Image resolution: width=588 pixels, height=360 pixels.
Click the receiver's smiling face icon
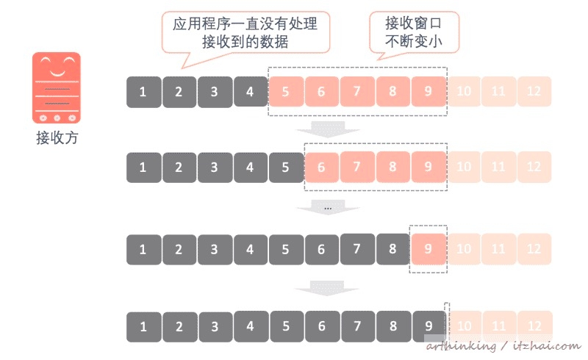[x=56, y=87]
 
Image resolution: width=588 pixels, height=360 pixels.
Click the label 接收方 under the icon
[x=56, y=137]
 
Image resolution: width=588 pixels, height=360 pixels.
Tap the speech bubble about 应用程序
[x=245, y=33]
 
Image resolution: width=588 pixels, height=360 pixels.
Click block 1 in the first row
[x=143, y=92]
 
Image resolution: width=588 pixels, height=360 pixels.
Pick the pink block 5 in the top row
[x=285, y=92]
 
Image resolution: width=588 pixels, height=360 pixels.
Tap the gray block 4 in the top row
[x=250, y=92]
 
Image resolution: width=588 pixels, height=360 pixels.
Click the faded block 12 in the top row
[x=534, y=92]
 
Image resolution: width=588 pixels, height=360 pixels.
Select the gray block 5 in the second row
[x=285, y=167]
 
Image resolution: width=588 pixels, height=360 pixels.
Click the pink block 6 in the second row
[x=321, y=167]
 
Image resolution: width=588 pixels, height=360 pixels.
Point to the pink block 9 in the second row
[x=429, y=167]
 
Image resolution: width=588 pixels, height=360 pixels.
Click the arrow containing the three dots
[x=328, y=209]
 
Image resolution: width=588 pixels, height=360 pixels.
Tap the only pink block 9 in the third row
[x=429, y=248]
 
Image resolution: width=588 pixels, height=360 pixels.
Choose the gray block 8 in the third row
[x=392, y=248]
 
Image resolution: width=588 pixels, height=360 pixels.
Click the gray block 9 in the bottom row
[x=429, y=325]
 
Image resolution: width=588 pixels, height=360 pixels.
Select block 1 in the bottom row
[x=143, y=325]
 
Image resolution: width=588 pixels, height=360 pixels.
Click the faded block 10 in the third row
[x=464, y=248]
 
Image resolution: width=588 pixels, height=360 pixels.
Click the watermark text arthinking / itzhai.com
[x=503, y=345]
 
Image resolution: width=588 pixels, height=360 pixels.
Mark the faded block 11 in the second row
[x=499, y=167]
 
